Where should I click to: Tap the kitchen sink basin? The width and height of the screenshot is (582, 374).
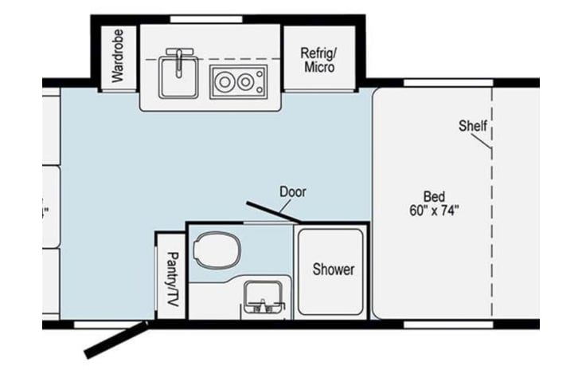[175, 78]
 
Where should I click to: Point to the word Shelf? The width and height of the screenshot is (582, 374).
[472, 126]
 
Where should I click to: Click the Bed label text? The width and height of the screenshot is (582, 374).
[434, 196]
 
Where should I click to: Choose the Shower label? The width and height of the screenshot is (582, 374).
[333, 270]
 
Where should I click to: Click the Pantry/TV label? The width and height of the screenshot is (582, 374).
[170, 279]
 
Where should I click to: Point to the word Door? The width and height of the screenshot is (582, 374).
[292, 191]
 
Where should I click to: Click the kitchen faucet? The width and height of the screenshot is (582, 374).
[179, 59]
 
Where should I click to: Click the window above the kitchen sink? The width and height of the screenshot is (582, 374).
[196, 18]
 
